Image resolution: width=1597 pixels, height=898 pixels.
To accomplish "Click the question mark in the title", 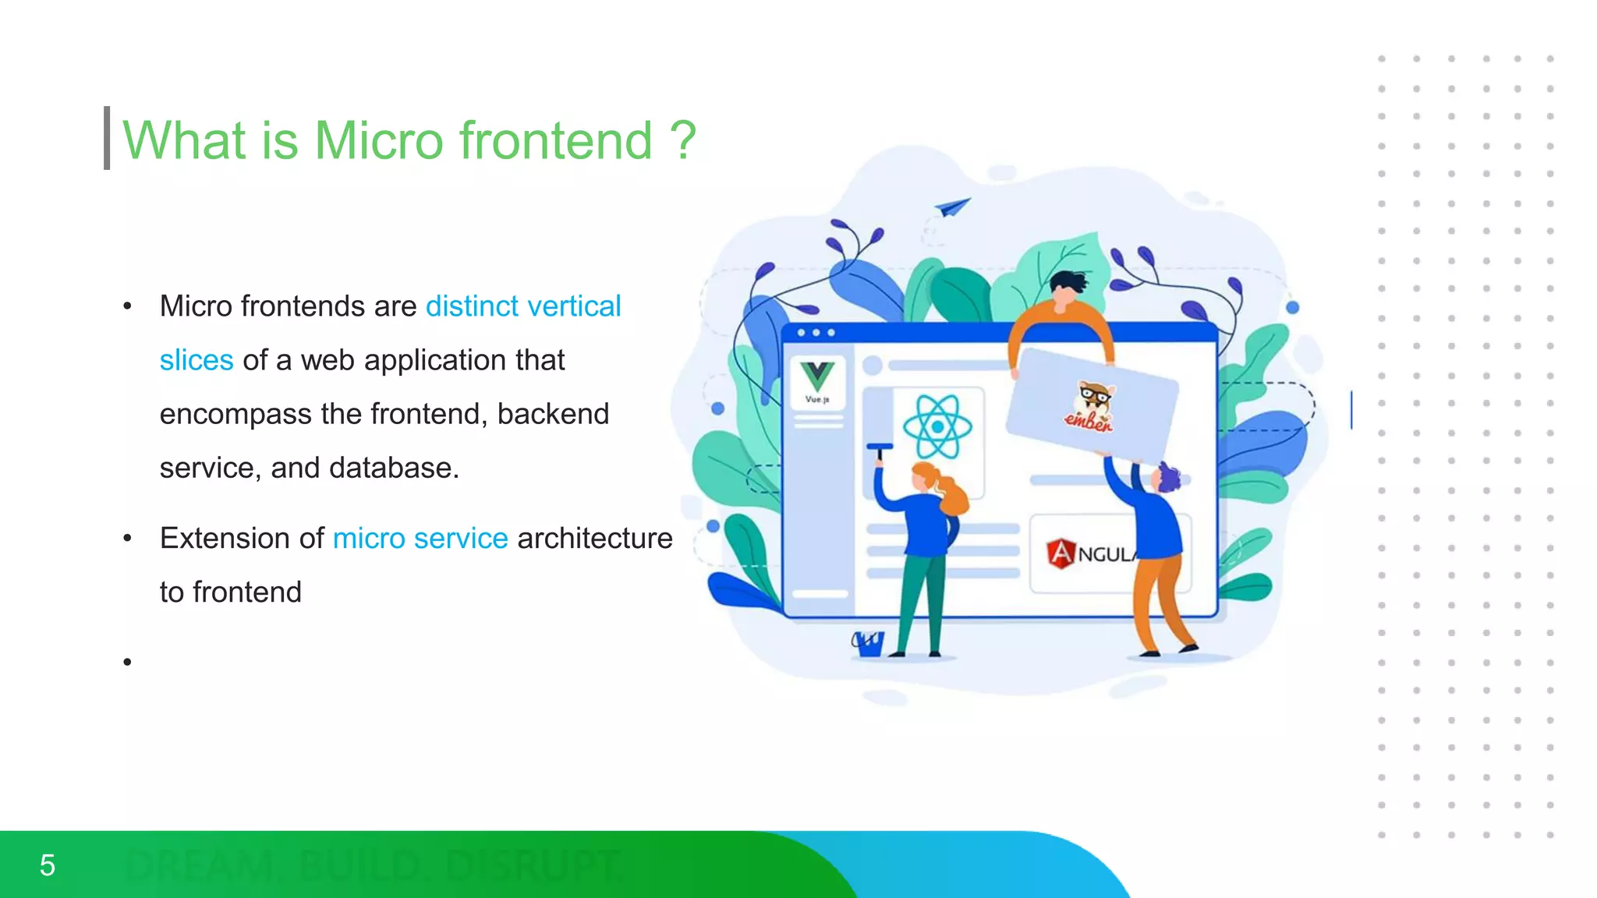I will click(683, 141).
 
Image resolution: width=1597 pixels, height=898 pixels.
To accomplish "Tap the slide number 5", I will click(48, 865).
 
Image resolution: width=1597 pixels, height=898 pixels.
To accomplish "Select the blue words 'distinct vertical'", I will click(522, 306).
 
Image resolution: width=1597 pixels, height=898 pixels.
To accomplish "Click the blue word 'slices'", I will click(197, 360).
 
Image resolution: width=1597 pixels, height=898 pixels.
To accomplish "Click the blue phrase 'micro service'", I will click(420, 539).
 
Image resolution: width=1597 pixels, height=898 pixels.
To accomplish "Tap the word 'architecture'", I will click(594, 539).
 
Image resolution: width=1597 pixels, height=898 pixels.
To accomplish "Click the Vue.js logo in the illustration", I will click(817, 380).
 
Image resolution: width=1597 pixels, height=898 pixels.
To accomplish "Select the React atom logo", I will click(937, 426).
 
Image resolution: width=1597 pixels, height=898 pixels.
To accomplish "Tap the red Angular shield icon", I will click(1061, 553).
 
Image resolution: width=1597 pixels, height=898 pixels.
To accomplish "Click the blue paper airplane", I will click(953, 207).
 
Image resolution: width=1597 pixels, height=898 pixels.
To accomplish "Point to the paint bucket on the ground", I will click(868, 644).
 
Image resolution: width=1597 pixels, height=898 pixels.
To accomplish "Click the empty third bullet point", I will click(127, 663).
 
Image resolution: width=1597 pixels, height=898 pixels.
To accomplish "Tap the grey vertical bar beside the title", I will click(107, 138).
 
